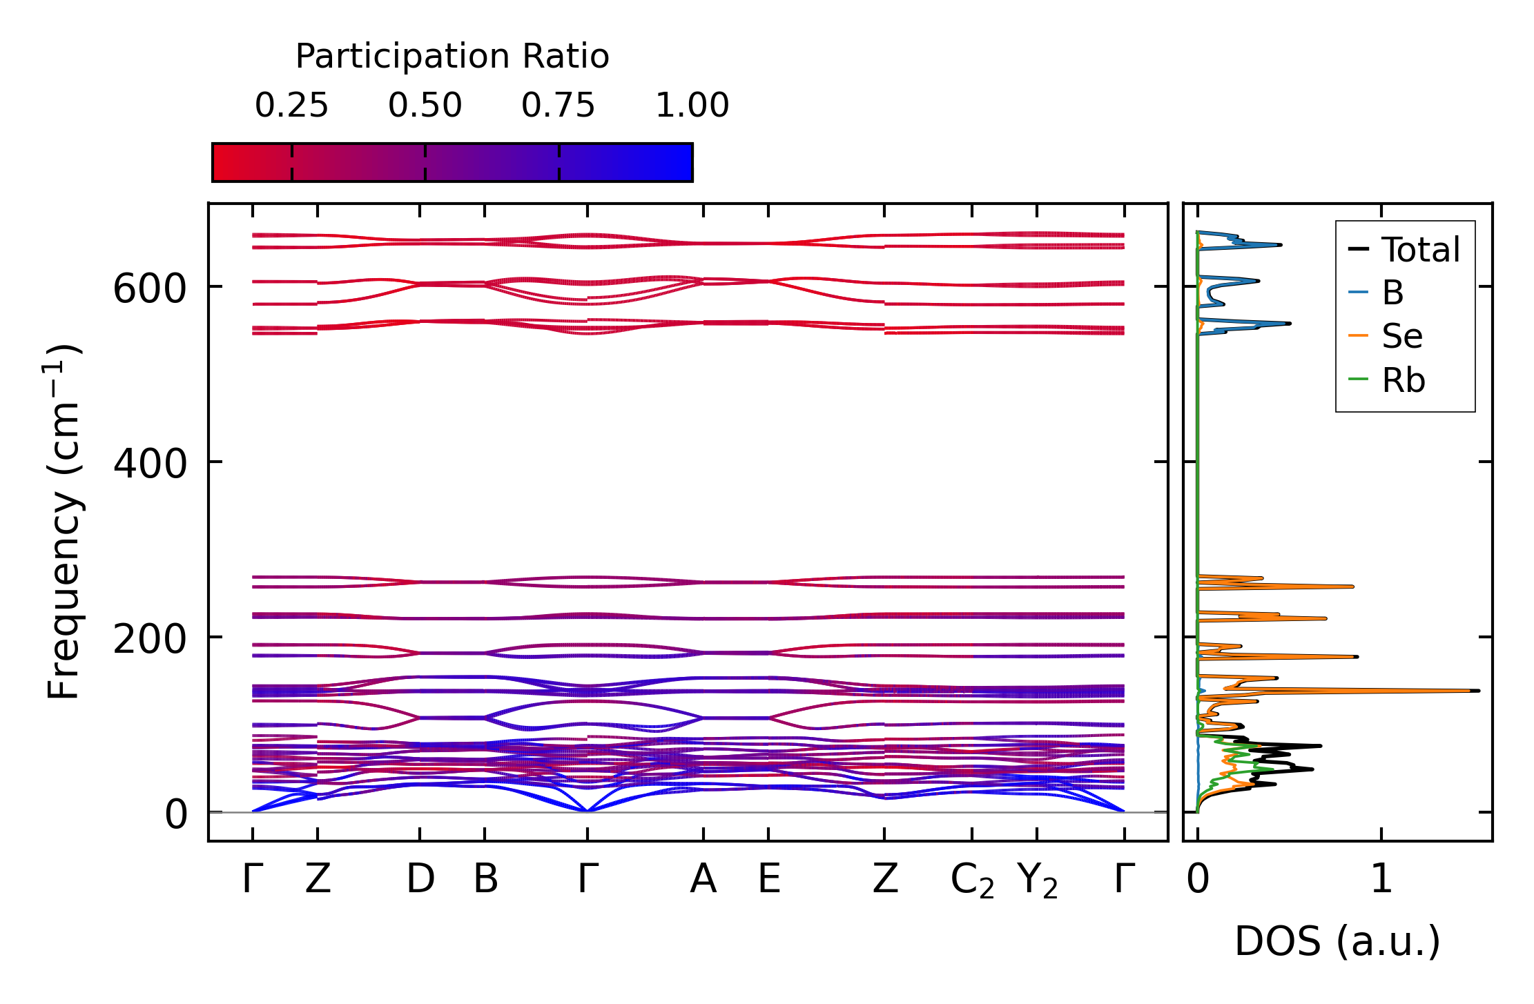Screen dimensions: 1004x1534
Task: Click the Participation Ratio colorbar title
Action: (452, 57)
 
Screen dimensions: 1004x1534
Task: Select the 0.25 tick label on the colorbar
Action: (291, 106)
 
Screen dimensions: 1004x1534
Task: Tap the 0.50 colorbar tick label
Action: (425, 106)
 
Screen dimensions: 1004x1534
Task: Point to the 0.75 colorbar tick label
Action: (558, 106)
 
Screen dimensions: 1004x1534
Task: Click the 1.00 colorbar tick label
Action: (692, 106)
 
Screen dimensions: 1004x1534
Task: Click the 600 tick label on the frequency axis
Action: (150, 289)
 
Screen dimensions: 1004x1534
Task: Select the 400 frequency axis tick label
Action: (150, 464)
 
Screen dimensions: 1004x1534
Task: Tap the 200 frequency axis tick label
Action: (150, 639)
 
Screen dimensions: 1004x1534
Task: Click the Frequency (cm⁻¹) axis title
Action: (64, 521)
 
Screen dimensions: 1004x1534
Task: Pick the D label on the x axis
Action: (420, 879)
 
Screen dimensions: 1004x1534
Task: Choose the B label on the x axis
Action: (485, 879)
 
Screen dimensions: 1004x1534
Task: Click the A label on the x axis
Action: (703, 879)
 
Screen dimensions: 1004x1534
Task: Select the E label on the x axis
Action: (769, 879)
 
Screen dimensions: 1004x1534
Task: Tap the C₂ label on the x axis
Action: (972, 880)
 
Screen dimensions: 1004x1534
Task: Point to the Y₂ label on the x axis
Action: (1037, 880)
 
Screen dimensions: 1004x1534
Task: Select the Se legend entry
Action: (1401, 337)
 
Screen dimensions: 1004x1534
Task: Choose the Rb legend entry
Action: (1403, 380)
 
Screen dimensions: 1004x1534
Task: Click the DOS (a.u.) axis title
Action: (1337, 941)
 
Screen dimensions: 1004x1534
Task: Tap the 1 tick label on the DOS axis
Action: (1381, 879)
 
